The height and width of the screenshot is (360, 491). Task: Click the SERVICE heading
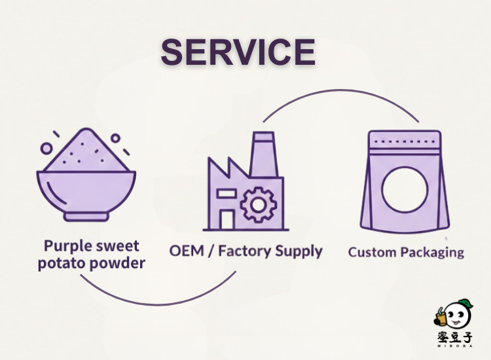coord(238,52)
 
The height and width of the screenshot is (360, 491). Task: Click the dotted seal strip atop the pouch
coord(405,141)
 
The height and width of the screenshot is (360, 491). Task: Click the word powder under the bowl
coord(117,264)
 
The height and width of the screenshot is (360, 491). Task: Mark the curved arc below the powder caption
coord(157,301)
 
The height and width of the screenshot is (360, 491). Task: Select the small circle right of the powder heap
coord(115,138)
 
